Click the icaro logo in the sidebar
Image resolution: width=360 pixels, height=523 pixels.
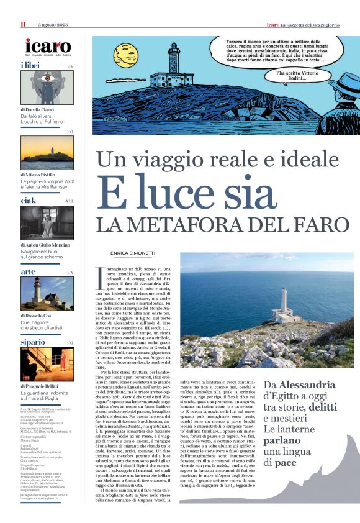pos(47,47)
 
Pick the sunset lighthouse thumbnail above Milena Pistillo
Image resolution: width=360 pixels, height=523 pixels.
pos(47,153)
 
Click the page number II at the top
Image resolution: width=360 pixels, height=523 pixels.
pos(23,24)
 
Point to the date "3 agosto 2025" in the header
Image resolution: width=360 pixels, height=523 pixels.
pos(52,24)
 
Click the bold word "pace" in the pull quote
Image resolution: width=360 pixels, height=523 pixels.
pos(290,463)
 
